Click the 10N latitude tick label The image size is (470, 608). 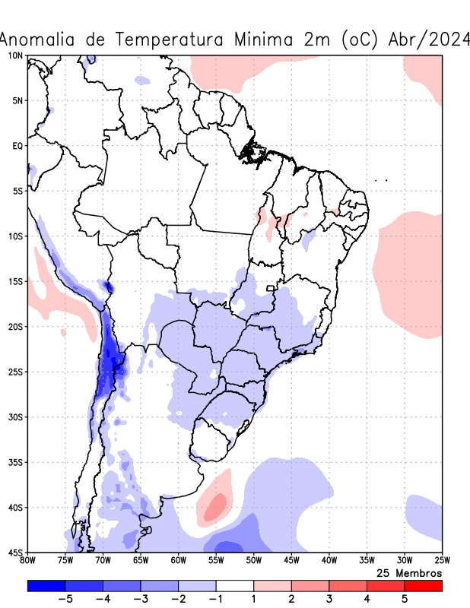[x=15, y=55]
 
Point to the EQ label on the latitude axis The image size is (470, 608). [x=17, y=146]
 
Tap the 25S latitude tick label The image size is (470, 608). [x=15, y=372]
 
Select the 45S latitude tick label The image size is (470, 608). [x=15, y=553]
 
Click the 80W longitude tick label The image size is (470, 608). [x=27, y=561]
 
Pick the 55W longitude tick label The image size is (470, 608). [x=216, y=561]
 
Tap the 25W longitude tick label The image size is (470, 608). [x=442, y=561]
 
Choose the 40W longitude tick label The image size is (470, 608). [x=329, y=561]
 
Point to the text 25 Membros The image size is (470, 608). [x=409, y=572]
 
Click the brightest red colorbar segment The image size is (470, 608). [x=423, y=586]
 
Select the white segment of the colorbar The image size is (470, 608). [x=234, y=586]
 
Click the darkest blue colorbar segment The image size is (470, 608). [x=46, y=586]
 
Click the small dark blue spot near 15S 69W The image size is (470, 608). [x=108, y=287]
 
